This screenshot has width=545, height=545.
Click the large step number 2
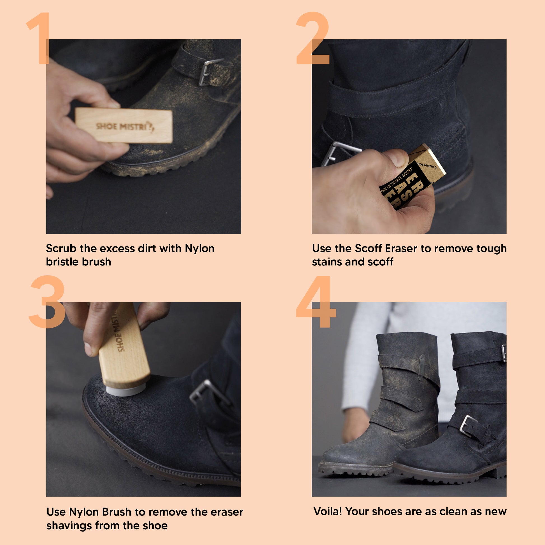(313, 38)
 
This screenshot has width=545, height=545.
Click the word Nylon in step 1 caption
(199, 248)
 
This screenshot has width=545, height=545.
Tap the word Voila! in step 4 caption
(327, 511)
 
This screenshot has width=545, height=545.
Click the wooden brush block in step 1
(124, 125)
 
